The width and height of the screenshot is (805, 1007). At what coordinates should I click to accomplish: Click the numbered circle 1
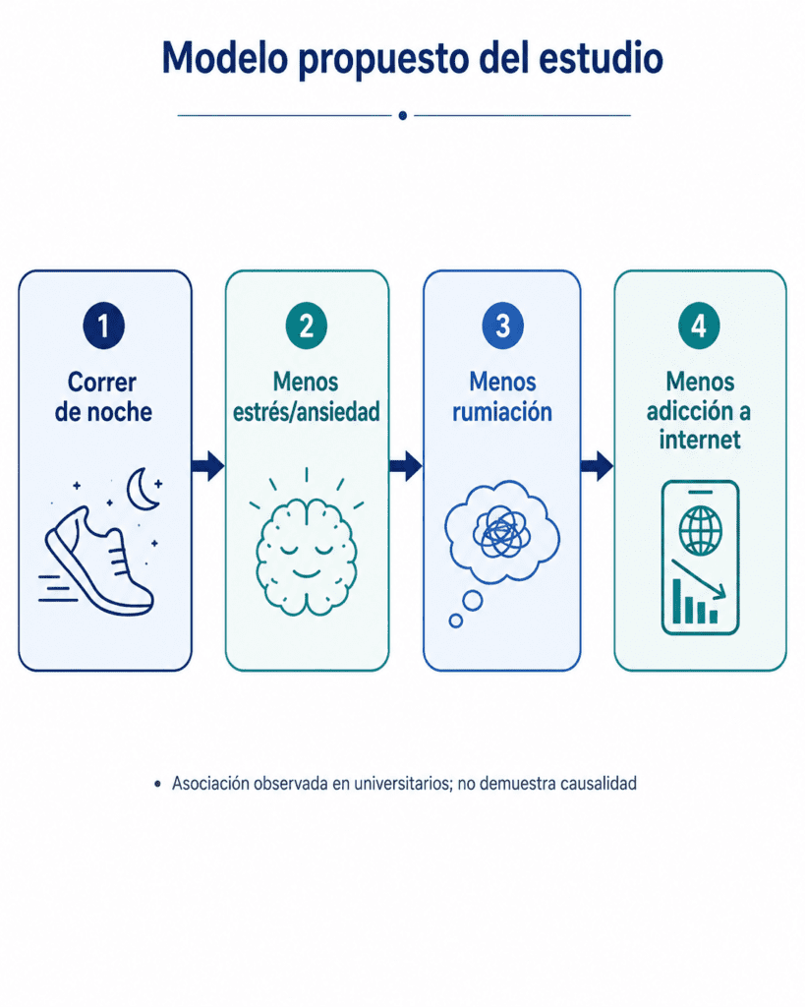pos(103,326)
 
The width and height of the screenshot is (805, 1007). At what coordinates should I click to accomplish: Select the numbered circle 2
pos(307,326)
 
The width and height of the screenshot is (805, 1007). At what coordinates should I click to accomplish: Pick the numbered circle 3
pos(502,326)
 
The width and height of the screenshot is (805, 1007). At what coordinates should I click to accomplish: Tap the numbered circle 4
pos(699,326)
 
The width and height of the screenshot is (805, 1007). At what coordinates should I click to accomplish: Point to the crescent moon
pos(142,490)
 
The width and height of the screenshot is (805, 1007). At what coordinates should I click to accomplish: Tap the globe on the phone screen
pos(701,530)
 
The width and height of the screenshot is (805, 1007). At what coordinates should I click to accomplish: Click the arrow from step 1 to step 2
pos(208,465)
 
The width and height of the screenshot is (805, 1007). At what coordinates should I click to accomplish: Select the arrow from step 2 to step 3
pos(406,465)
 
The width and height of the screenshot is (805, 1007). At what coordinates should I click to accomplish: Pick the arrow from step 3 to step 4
pos(597,465)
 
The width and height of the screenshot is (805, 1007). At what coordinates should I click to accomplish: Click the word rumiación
pos(502,412)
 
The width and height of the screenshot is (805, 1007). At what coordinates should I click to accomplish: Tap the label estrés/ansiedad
pos(307,412)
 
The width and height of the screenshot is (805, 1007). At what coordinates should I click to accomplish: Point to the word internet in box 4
pos(700,440)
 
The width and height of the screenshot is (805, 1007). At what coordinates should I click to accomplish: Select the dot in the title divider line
pos(403,116)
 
